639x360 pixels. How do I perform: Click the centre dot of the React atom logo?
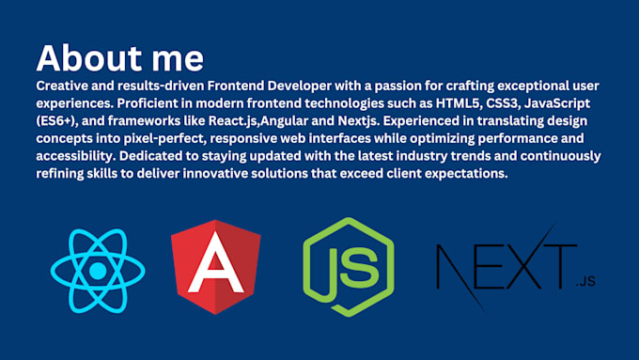coord(97,271)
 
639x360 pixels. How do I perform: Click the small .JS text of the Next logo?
coord(584,281)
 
